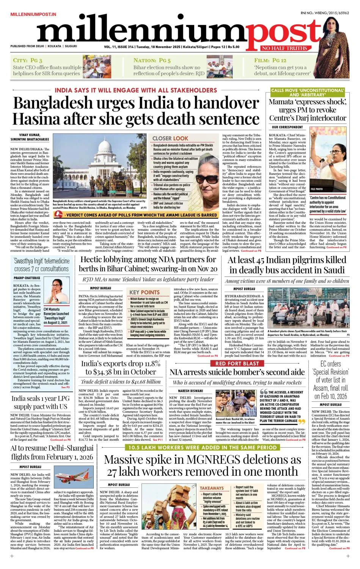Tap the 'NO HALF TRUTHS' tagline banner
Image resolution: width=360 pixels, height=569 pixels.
pyautogui.click(x=284, y=48)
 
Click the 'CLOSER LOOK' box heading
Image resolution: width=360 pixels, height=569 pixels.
pyautogui.click(x=170, y=138)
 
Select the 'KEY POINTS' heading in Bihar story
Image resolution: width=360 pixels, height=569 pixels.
pyautogui.click(x=144, y=292)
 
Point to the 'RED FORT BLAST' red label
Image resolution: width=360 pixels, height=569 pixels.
pyautogui.click(x=237, y=363)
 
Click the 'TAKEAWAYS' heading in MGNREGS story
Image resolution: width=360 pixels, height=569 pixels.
pyautogui.click(x=212, y=488)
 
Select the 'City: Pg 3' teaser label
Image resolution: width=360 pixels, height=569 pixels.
pyautogui.click(x=27, y=60)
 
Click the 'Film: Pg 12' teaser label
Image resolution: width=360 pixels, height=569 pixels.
pyautogui.click(x=270, y=60)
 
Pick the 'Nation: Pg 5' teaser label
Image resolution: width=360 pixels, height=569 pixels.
pyautogui.click(x=152, y=60)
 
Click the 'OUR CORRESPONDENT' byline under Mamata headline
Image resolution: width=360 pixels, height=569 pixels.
pyautogui.click(x=287, y=127)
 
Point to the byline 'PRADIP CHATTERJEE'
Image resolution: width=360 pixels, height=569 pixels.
pyautogui.click(x=27, y=278)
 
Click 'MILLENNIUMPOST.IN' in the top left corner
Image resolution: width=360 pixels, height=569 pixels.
pyautogui.click(x=33, y=14)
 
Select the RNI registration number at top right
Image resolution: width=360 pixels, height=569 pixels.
pyautogui.click(x=325, y=13)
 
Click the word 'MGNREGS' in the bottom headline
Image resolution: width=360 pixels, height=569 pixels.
pyautogui.click(x=226, y=460)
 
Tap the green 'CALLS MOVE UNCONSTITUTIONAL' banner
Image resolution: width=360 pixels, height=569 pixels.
pyautogui.click(x=307, y=93)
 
